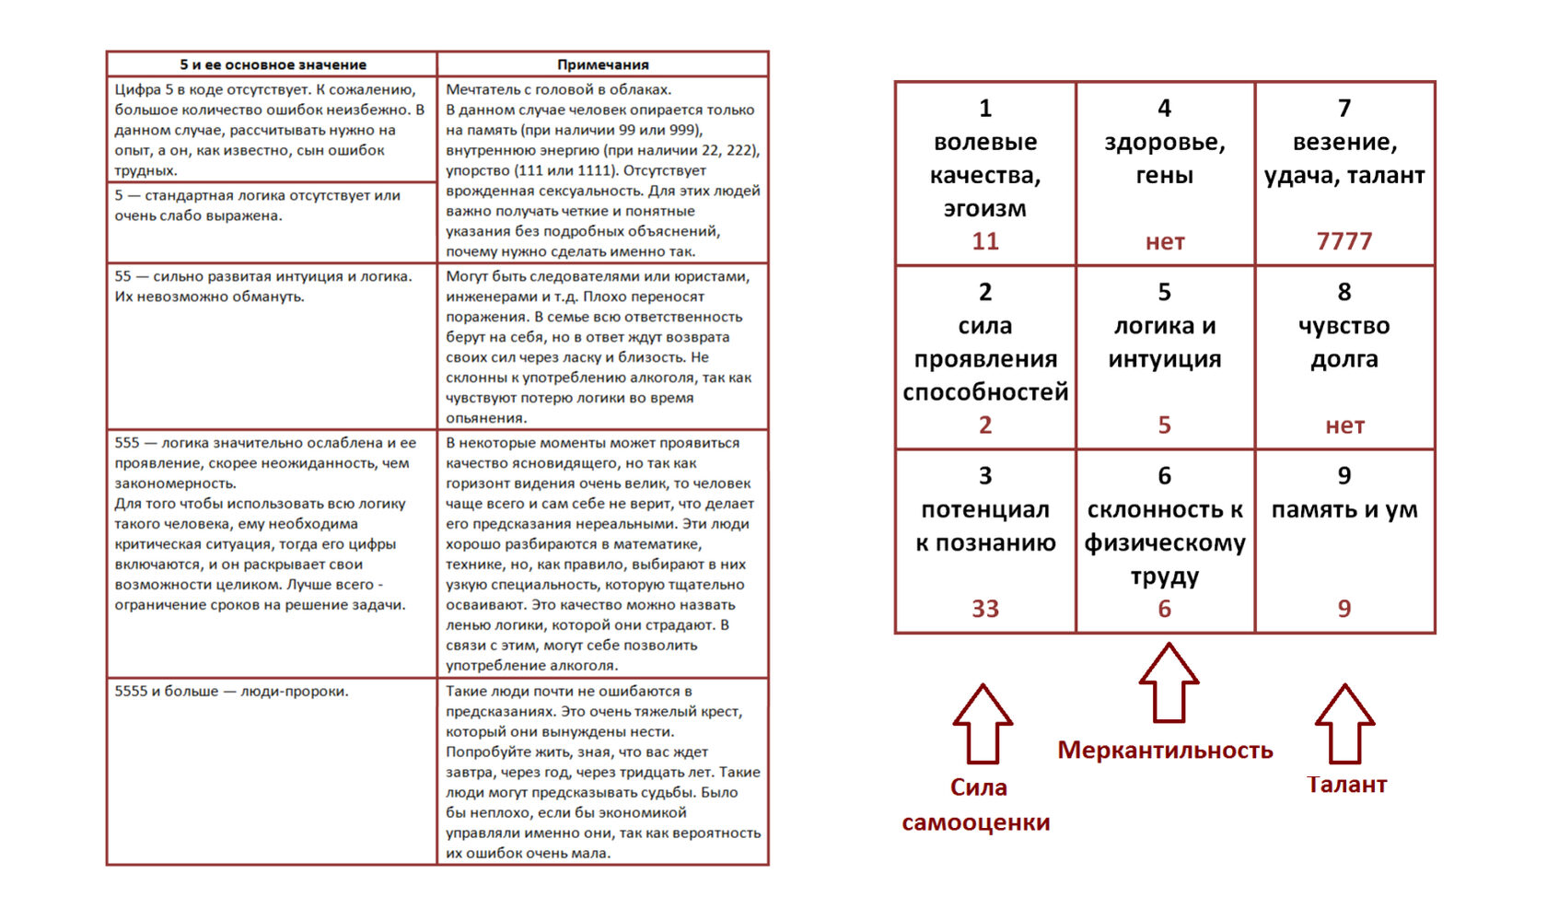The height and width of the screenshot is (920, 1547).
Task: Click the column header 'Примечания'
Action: pos(602,64)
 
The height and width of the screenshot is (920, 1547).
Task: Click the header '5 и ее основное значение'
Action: pos(273,64)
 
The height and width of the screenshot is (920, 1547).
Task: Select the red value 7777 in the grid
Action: pos(1343,241)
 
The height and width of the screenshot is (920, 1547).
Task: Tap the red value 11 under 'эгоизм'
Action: pos(984,241)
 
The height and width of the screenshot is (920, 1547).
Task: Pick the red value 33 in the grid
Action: pos(984,609)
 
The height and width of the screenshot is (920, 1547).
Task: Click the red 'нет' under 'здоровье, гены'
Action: pos(1164,242)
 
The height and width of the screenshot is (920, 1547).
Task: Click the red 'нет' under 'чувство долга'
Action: pos(1343,425)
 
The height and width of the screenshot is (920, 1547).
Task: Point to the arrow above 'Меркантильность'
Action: pos(1168,682)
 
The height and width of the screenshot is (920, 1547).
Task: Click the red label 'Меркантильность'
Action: pos(1165,751)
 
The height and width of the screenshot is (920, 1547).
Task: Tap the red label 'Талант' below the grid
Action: pos(1346,785)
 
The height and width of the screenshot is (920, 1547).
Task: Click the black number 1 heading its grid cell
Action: pos(984,109)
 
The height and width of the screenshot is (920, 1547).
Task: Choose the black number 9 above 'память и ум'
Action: pos(1343,476)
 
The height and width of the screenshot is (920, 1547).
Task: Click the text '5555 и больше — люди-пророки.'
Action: pos(231,692)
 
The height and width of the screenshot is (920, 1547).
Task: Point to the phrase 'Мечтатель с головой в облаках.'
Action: pos(558,90)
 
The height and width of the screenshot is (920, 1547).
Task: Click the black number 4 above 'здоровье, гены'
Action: pos(1164,109)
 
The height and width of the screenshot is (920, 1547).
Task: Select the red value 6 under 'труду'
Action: pos(1164,609)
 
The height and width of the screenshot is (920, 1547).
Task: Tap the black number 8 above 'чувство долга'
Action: pos(1343,293)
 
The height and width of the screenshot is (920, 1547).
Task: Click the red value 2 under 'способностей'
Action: pos(984,425)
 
